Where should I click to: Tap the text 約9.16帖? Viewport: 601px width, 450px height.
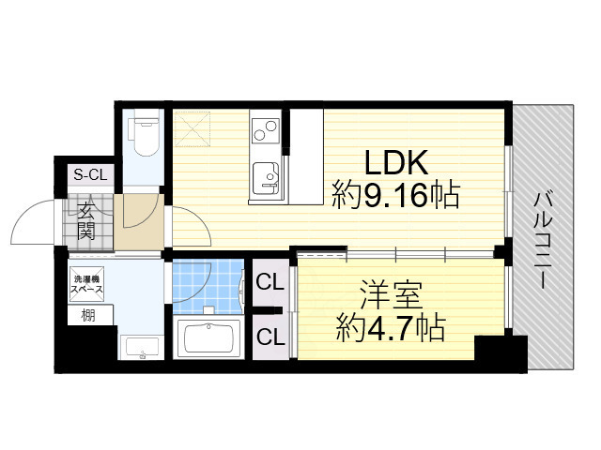click(x=395, y=196)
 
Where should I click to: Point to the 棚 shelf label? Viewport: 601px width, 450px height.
click(x=86, y=316)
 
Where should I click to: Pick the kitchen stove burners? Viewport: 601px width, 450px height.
click(x=264, y=126)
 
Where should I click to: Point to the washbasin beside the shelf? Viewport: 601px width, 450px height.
click(x=143, y=347)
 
